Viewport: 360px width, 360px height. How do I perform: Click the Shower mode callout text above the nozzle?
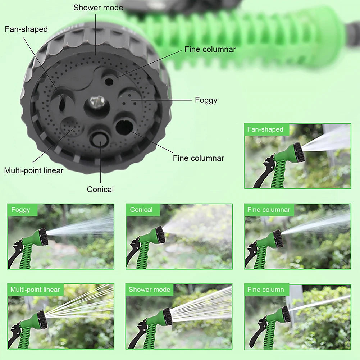click(x=98, y=8)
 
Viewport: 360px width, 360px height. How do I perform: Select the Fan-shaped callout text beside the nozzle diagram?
click(x=26, y=29)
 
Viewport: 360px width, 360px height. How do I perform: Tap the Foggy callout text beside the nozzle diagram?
click(x=206, y=100)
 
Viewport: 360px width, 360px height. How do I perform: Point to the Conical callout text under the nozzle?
click(x=100, y=189)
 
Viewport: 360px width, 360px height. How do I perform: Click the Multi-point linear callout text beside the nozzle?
click(x=34, y=170)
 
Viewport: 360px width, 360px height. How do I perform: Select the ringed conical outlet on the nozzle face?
click(x=99, y=138)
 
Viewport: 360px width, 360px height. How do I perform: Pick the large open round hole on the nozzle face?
click(x=124, y=127)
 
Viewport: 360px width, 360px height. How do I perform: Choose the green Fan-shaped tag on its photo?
click(x=265, y=129)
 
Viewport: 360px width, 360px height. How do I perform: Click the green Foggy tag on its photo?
click(x=21, y=210)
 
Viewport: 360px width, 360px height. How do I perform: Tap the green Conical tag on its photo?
click(x=142, y=210)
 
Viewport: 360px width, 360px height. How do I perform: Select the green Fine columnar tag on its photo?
click(x=269, y=210)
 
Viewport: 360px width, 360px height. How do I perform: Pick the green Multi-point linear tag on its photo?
click(x=35, y=290)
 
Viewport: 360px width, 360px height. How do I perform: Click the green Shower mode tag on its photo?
click(x=150, y=290)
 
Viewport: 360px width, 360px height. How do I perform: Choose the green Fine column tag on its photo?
click(x=266, y=290)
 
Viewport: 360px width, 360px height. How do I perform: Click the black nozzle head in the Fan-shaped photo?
click(x=298, y=152)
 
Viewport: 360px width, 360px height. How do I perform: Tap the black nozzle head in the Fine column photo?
click(x=286, y=314)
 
